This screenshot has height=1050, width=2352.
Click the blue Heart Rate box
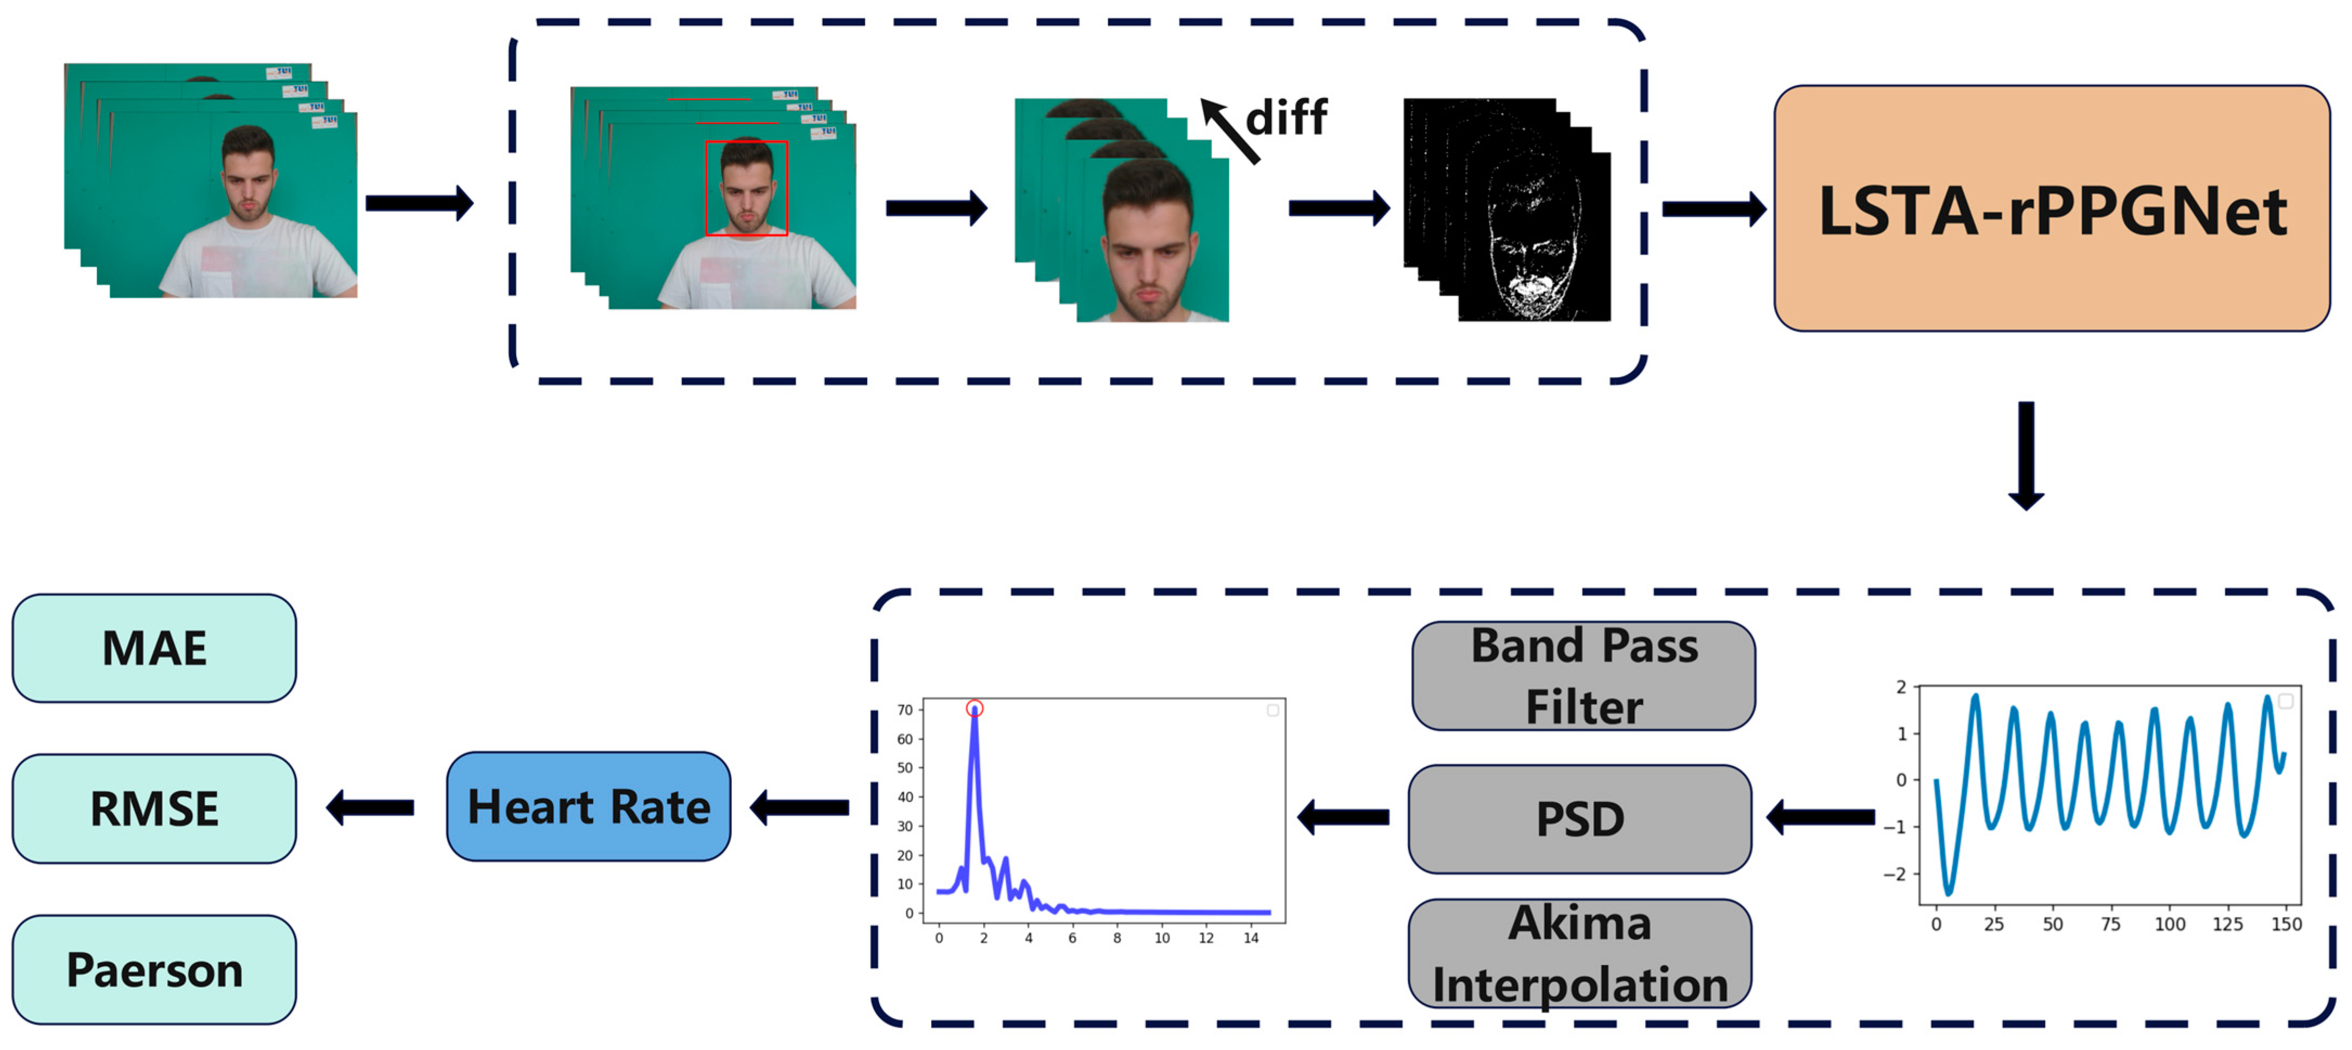(x=588, y=806)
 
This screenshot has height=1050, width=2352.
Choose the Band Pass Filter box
(x=1583, y=676)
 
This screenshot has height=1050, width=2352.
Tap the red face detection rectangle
(x=746, y=188)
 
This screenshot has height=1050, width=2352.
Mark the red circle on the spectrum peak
(x=974, y=708)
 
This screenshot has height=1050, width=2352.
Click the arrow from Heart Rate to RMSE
(x=370, y=808)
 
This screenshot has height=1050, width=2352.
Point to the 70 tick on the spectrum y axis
(x=904, y=709)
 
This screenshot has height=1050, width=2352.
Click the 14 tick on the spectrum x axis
(x=1251, y=938)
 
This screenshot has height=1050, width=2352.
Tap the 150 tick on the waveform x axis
(x=2286, y=924)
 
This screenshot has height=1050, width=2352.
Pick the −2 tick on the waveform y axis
(x=1895, y=874)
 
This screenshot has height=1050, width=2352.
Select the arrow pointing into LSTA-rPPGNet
(x=1713, y=209)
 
